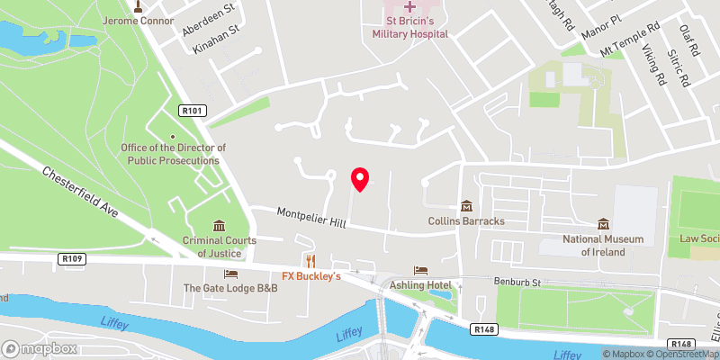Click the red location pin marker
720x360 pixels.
360,179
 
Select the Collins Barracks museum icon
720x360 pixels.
466,207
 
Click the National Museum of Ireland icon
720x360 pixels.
603,224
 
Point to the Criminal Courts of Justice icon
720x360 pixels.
220,226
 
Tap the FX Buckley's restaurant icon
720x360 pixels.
311,261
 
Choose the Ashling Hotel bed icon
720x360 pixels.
419,270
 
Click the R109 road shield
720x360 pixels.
73,259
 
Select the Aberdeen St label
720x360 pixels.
207,19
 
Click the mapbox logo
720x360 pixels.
39,348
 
